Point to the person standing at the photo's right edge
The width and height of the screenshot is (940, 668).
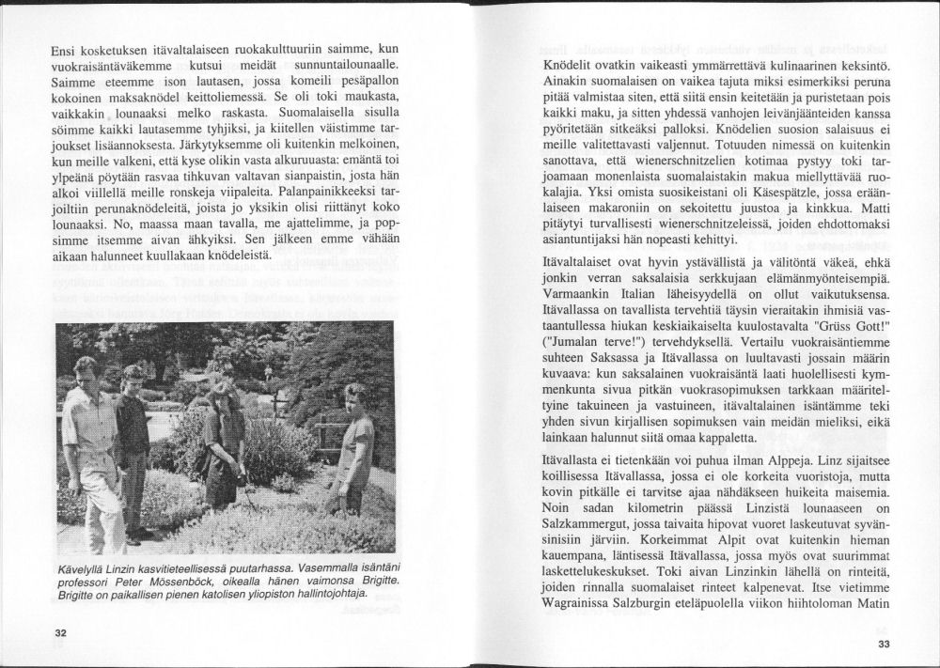(x=355, y=451)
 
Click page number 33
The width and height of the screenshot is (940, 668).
(x=882, y=644)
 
